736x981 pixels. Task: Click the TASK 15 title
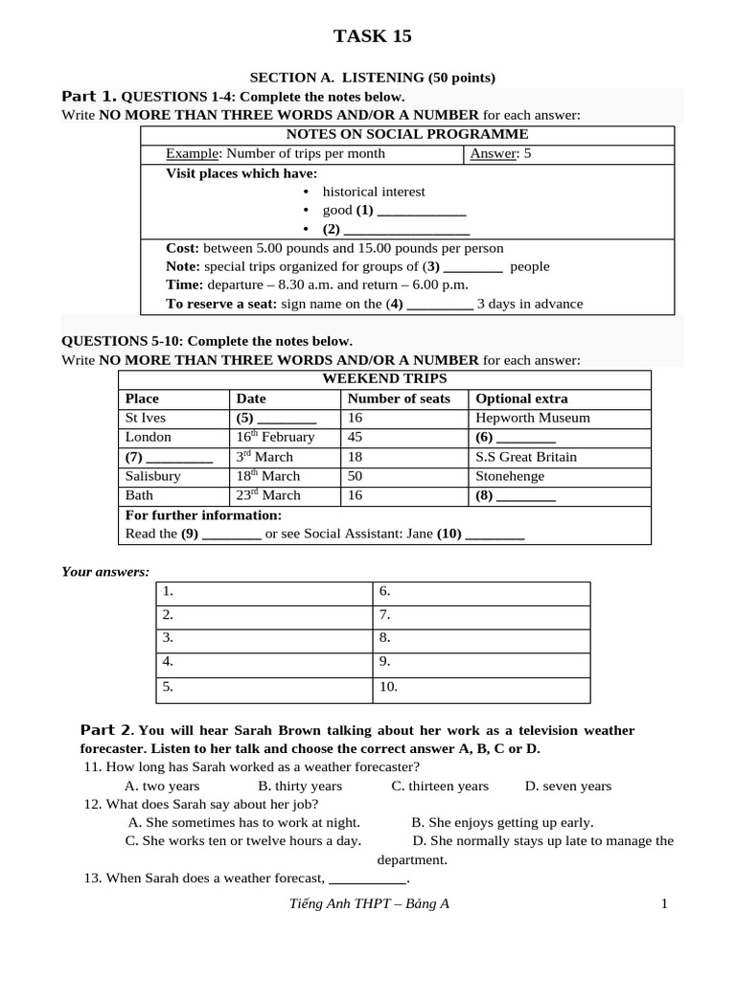click(372, 36)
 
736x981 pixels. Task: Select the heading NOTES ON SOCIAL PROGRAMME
click(406, 134)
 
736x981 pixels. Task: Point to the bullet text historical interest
click(374, 192)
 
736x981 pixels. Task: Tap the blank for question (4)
click(440, 305)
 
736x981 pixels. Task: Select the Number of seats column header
click(399, 399)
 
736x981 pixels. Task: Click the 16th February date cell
click(275, 437)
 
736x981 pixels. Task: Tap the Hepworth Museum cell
click(533, 418)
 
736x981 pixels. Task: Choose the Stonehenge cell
click(510, 476)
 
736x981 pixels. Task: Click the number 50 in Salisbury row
click(356, 476)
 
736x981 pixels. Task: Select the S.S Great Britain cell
click(526, 457)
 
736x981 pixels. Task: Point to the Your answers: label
click(105, 572)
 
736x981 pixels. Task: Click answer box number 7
click(481, 616)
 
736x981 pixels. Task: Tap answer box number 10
click(481, 688)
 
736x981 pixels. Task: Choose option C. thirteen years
click(440, 787)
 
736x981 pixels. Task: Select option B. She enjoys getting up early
click(502, 822)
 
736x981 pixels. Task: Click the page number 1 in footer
click(663, 903)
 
